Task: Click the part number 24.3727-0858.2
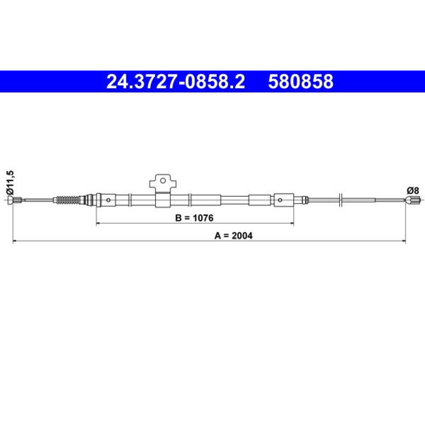pyautogui.click(x=176, y=82)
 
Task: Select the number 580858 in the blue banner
pyautogui.click(x=300, y=82)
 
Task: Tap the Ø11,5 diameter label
pyautogui.click(x=10, y=182)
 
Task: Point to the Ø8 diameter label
pyautogui.click(x=413, y=191)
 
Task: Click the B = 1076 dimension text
pyautogui.click(x=194, y=218)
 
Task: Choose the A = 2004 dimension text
pyautogui.click(x=233, y=235)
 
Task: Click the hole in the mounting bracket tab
pyautogui.click(x=163, y=181)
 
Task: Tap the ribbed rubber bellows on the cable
pyautogui.click(x=67, y=200)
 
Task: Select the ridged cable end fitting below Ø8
pyautogui.click(x=413, y=200)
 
